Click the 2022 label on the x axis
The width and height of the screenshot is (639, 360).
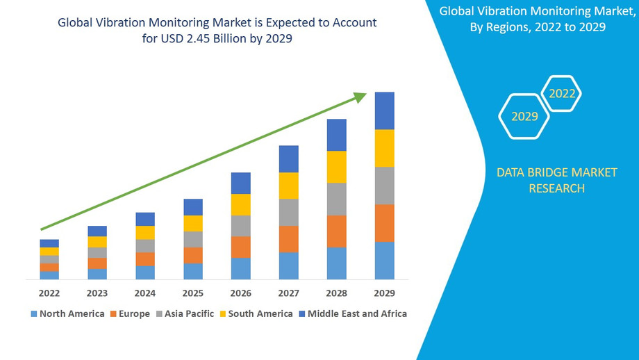coord(49,293)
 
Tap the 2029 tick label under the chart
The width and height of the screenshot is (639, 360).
coord(384,293)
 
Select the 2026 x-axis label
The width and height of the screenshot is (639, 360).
coord(241,293)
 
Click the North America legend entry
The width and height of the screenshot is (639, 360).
coord(67,313)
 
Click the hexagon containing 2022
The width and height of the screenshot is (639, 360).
coord(562,93)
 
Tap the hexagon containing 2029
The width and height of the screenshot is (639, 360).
coord(524,116)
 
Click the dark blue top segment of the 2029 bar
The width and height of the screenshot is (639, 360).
coord(384,111)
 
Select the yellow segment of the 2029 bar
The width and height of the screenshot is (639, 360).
coord(384,148)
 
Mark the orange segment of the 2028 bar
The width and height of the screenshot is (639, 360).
coord(336,231)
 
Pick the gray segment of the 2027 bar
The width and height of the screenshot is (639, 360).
coord(288,212)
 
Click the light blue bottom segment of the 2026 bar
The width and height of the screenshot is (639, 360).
coord(241,268)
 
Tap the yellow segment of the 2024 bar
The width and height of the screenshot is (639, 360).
coord(145,232)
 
